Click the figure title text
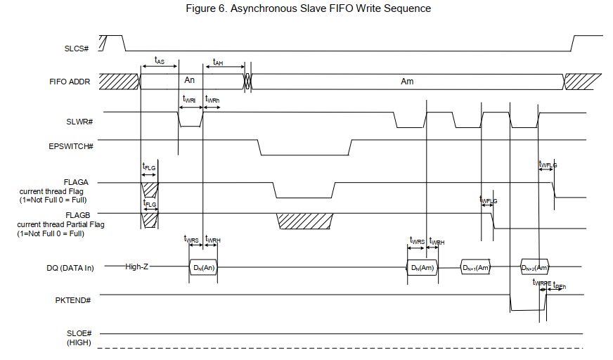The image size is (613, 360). click(308, 8)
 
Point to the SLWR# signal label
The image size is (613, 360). click(81, 122)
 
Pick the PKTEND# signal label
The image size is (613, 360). click(76, 300)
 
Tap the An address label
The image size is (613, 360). click(190, 81)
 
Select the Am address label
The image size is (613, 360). click(407, 82)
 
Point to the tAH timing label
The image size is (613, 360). click(218, 62)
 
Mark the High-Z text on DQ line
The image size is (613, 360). click(136, 267)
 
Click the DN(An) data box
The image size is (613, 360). click(204, 267)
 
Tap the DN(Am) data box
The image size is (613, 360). click(422, 267)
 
